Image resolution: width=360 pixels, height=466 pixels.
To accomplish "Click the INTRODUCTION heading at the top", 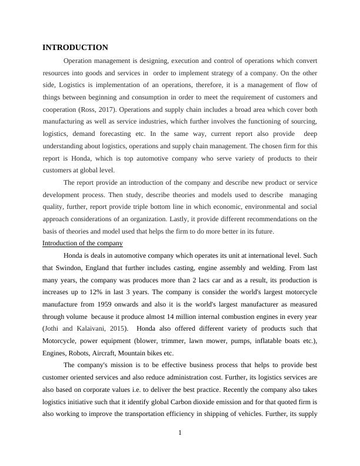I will [x=75, y=47].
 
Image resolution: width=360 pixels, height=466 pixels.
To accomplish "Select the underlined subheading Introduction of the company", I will [x=83, y=243].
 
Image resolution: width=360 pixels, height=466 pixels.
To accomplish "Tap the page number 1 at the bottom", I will [x=180, y=433].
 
